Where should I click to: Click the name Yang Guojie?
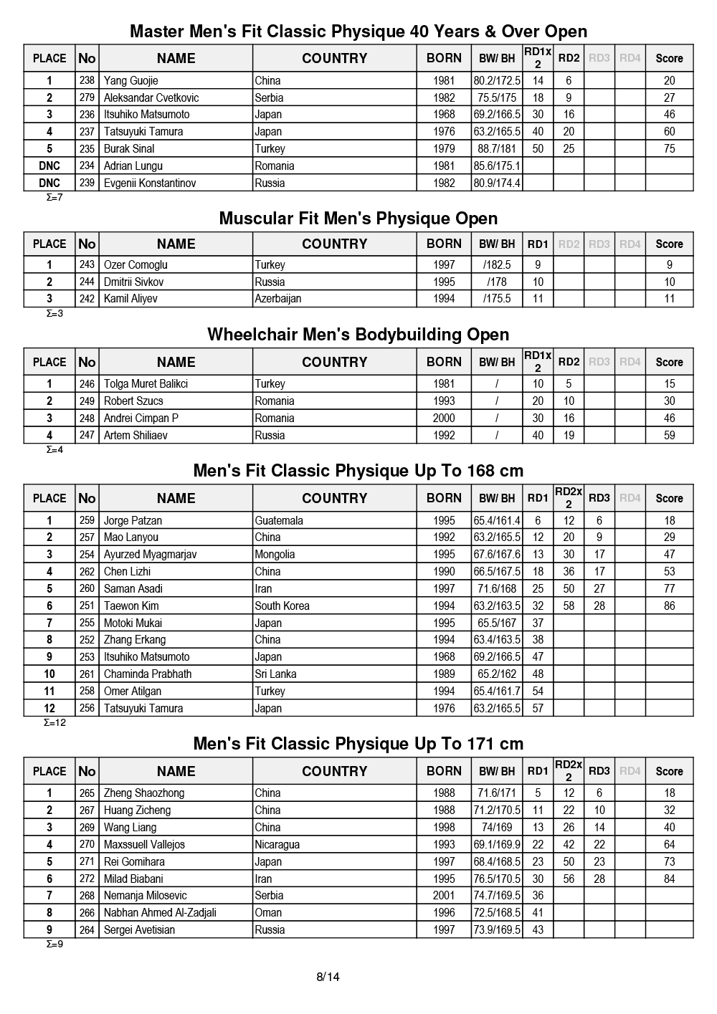pyautogui.click(x=130, y=81)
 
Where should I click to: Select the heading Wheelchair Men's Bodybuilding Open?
pyautogui.click(x=358, y=335)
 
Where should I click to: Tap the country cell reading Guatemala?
pyautogui.click(x=279, y=521)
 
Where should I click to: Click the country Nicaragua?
pyautogui.click(x=277, y=845)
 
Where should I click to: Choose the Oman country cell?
pyautogui.click(x=268, y=913)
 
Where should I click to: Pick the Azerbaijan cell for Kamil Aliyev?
pyautogui.click(x=278, y=299)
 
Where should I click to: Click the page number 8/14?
pyautogui.click(x=328, y=977)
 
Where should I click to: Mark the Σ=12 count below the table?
pyautogui.click(x=55, y=723)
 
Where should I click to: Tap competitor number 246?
pyautogui.click(x=87, y=384)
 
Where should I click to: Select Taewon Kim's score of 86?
pyautogui.click(x=669, y=606)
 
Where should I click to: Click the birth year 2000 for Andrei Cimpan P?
pyautogui.click(x=444, y=418)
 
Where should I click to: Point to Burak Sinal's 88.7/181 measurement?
pyautogui.click(x=497, y=149)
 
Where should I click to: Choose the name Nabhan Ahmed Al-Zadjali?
pyautogui.click(x=160, y=913)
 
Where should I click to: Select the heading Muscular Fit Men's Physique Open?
pyautogui.click(x=358, y=219)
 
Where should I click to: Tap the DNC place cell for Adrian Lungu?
pyautogui.click(x=49, y=166)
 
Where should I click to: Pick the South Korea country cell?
pyautogui.click(x=282, y=606)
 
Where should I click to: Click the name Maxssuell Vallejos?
pyautogui.click(x=144, y=845)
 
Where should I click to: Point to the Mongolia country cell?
pyautogui.click(x=275, y=555)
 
